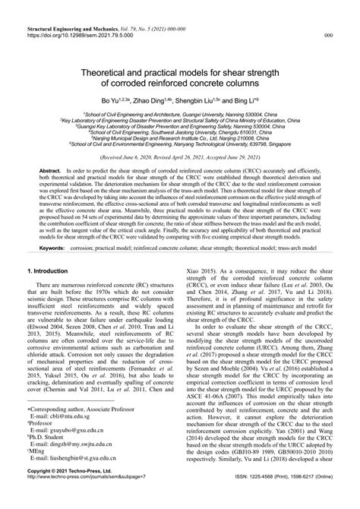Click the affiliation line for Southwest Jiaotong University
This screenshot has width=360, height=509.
(179, 131)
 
